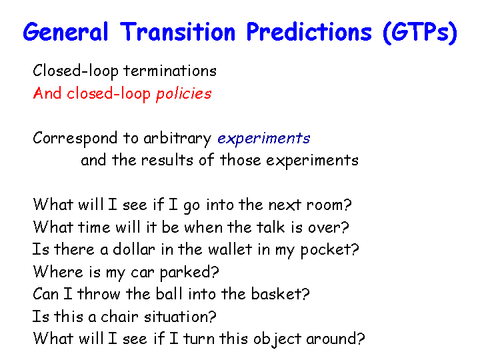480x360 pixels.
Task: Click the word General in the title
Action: (65, 32)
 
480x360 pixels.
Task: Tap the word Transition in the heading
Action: (177, 32)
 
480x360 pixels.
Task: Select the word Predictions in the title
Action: (309, 32)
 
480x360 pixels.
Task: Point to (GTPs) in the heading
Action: (420, 33)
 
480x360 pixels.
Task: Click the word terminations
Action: (170, 71)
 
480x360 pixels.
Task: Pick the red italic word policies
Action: (184, 94)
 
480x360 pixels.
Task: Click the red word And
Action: (47, 93)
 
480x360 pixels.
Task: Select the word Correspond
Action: (75, 139)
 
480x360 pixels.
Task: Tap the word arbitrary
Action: (177, 139)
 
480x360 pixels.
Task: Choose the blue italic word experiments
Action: (263, 139)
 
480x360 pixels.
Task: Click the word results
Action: (167, 160)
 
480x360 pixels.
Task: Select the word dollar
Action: (134, 249)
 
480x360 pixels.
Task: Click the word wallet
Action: (230, 249)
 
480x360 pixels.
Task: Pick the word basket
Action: (277, 294)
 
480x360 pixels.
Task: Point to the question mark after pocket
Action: (355, 249)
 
